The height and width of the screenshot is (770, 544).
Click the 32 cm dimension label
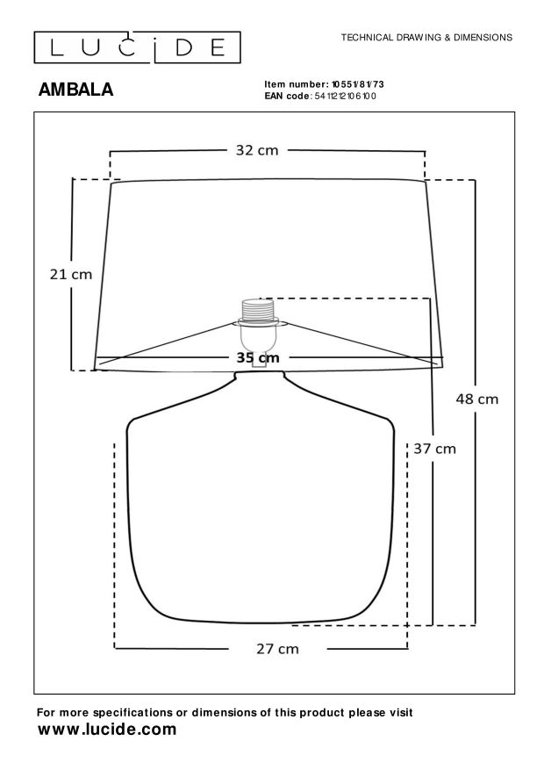coord(256,150)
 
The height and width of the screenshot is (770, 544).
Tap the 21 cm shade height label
coord(71,274)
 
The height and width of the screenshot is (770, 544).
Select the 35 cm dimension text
coord(258,357)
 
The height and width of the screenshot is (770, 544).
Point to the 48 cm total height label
coord(476,399)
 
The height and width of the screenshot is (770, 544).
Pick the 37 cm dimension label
coord(434,449)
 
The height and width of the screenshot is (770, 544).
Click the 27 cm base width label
coord(277,649)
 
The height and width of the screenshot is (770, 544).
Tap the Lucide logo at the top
coord(138,47)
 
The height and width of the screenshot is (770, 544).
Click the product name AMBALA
coord(75,90)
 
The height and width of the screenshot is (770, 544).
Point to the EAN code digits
coord(345,97)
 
